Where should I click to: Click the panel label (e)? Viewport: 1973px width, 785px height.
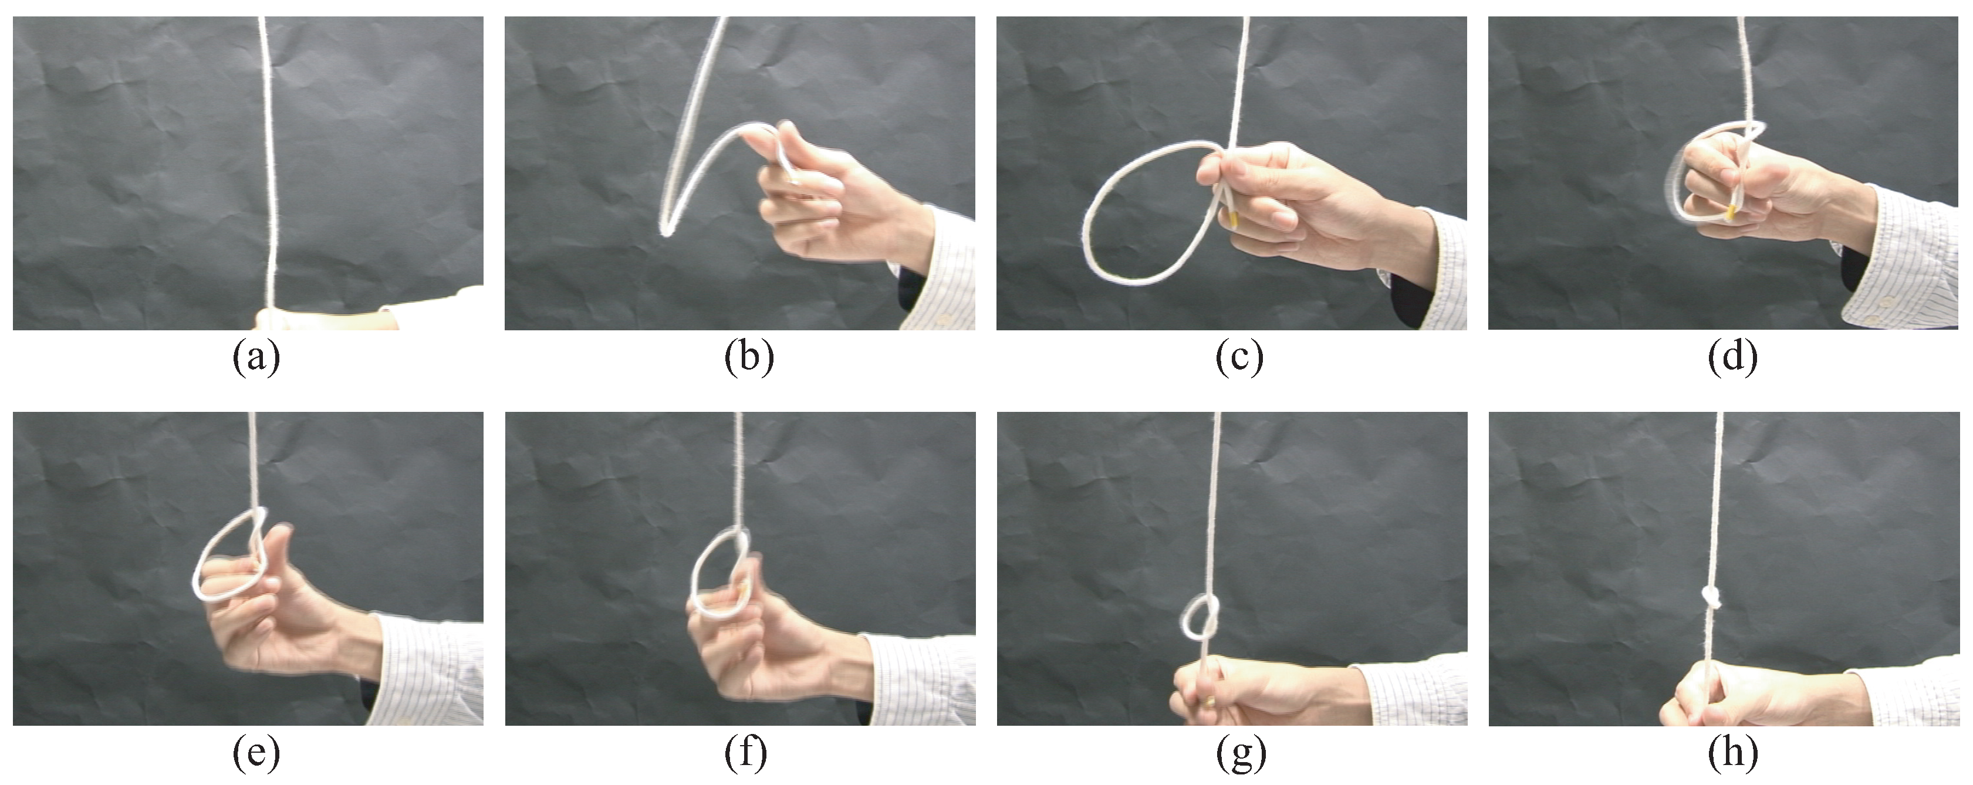(x=256, y=754)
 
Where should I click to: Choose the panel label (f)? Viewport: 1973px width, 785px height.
(x=746, y=754)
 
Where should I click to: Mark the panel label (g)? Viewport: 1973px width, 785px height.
(x=1241, y=754)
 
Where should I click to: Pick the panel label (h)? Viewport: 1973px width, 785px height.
(x=1732, y=754)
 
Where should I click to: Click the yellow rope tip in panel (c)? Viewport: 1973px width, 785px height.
(x=1233, y=221)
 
